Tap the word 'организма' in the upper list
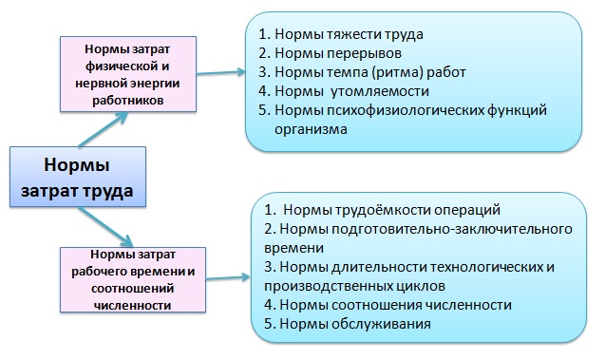coord(303,130)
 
